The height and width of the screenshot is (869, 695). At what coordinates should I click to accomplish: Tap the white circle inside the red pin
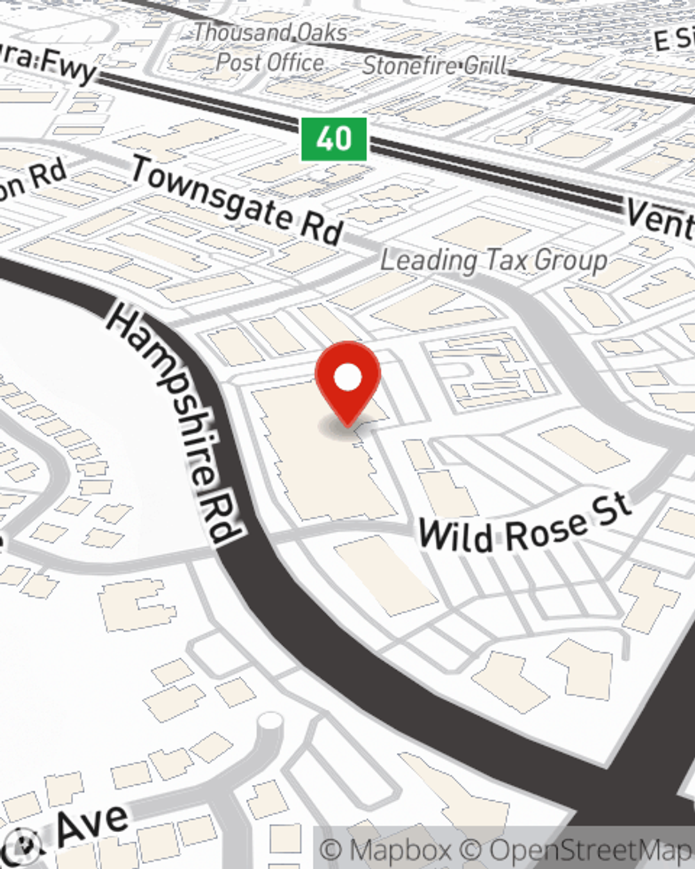(x=347, y=377)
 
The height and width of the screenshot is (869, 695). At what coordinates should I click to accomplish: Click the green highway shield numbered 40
(x=334, y=139)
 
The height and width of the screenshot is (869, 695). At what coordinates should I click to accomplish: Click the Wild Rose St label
(x=525, y=525)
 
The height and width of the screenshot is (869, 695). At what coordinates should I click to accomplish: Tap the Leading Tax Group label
(x=494, y=261)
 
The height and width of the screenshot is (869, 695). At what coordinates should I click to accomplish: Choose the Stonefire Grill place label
(x=435, y=65)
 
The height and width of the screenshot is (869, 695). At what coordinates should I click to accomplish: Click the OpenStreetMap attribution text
(x=591, y=850)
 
